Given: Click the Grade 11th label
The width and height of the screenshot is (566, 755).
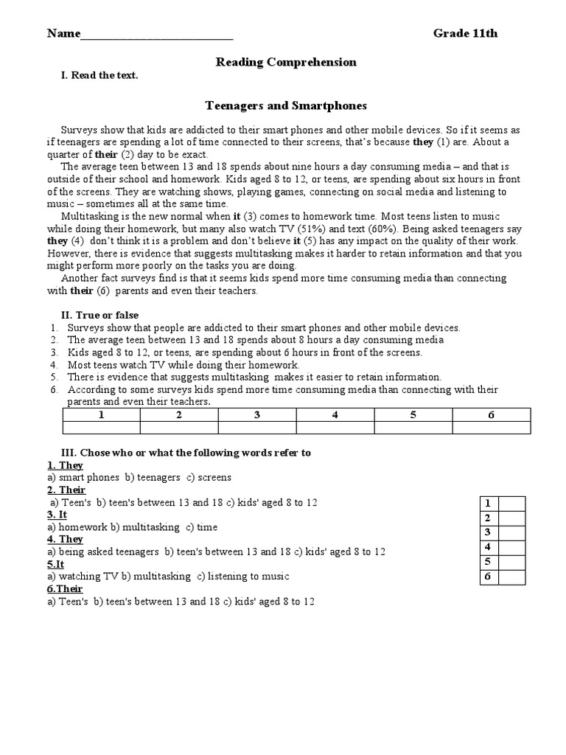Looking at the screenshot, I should [465, 33].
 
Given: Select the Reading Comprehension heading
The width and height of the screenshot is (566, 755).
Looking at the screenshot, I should [286, 62].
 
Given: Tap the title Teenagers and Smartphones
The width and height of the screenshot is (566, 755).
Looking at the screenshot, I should [285, 106].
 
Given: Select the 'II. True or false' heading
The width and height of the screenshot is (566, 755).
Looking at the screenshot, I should [99, 315].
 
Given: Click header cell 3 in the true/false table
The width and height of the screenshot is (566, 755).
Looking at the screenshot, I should [257, 415].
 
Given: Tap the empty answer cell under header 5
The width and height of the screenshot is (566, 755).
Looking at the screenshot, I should [413, 428].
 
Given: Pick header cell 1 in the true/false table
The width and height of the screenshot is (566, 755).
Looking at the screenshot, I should [101, 415].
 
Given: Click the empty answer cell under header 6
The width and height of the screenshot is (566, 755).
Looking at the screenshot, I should [491, 428].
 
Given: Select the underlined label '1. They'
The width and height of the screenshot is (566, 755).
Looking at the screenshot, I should [65, 465].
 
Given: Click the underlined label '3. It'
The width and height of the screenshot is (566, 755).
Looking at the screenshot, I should [57, 515].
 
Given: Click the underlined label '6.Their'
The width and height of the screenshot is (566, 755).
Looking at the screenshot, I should [65, 589].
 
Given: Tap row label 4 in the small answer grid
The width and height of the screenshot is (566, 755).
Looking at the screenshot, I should [488, 547].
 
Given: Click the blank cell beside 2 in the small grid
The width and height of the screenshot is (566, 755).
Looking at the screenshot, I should [512, 518].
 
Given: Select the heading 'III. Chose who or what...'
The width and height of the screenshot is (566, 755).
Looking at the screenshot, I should [185, 453].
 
